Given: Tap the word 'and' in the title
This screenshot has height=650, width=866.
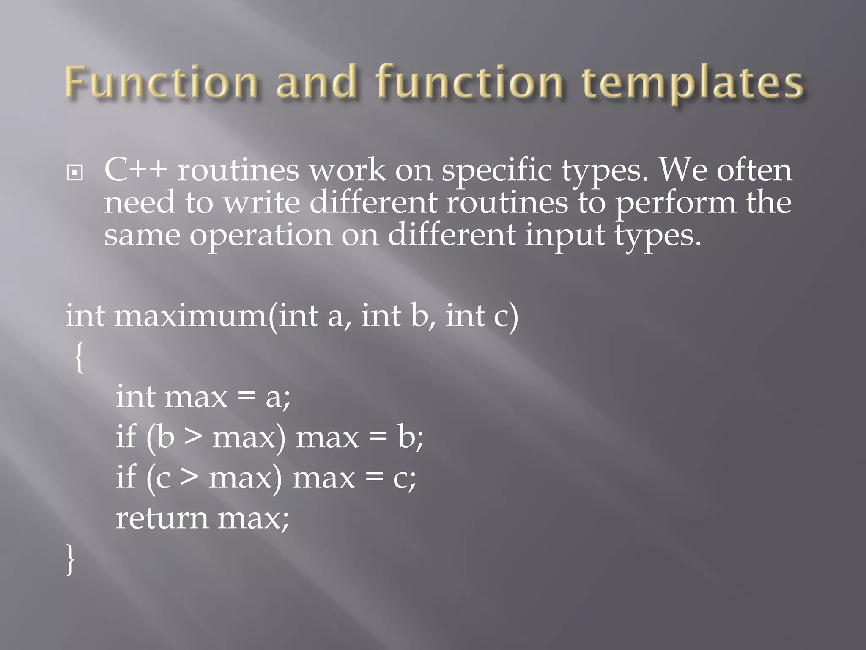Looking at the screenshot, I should click(x=316, y=82).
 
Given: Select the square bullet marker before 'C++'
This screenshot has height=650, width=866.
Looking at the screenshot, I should click(x=75, y=173).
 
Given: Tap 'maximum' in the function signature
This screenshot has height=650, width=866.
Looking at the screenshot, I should click(x=190, y=316).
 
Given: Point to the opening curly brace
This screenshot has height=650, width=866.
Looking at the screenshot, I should click(x=79, y=358).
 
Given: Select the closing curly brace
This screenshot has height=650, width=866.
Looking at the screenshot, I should click(x=70, y=559).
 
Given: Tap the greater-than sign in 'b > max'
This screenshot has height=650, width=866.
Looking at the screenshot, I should click(x=193, y=437).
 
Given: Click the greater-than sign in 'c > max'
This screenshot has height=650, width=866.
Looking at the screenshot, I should click(x=189, y=477).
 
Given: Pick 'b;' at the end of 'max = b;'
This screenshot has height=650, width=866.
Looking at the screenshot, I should click(x=410, y=437).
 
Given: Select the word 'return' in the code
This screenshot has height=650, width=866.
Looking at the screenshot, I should click(x=162, y=518).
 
